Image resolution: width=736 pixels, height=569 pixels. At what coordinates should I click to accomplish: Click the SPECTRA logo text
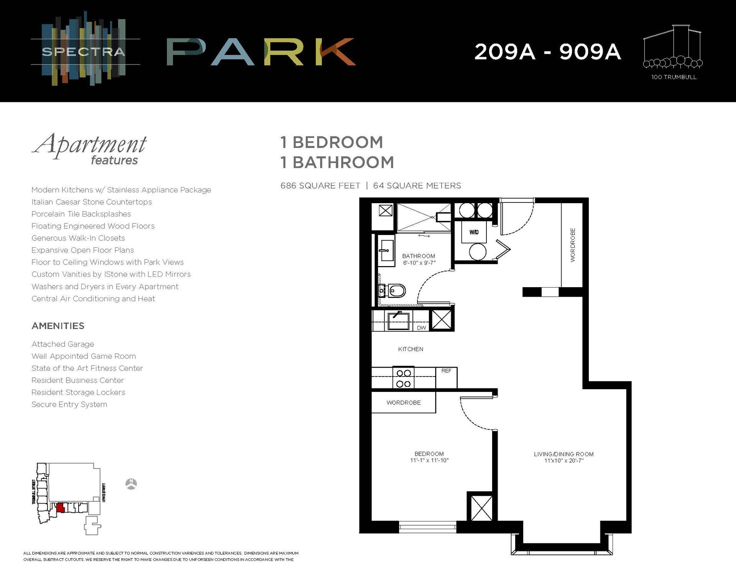tap(84, 52)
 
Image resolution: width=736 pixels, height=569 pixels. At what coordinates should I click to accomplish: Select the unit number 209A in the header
tap(504, 52)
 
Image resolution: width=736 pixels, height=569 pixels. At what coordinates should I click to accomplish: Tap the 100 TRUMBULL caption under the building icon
tap(674, 77)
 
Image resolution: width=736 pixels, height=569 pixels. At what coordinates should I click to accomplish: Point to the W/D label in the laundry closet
tap(474, 232)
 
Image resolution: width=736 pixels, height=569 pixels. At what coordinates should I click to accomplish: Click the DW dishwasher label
tap(421, 328)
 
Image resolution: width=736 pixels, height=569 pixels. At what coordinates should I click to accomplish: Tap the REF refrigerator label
tap(446, 371)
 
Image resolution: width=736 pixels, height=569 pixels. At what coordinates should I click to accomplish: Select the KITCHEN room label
tap(411, 349)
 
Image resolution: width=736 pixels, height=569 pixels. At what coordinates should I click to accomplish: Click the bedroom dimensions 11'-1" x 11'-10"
tap(429, 460)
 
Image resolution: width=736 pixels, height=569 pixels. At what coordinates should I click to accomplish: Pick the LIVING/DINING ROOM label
tap(563, 454)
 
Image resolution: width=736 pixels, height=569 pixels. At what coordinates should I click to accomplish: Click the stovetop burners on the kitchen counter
tap(403, 378)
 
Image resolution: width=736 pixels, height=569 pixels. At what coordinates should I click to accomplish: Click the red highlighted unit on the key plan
tap(60, 508)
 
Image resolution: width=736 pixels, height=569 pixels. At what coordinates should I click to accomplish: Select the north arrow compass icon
tap(131, 484)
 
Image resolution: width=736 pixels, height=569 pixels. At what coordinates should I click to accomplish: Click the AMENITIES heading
tap(58, 326)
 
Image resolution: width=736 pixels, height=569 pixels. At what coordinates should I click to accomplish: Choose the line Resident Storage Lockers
tap(78, 392)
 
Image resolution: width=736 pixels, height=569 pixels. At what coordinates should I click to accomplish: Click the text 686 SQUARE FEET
tap(320, 186)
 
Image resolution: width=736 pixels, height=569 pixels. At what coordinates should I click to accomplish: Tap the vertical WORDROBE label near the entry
tap(573, 245)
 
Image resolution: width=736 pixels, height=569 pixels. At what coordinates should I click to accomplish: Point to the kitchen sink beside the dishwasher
tap(398, 321)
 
